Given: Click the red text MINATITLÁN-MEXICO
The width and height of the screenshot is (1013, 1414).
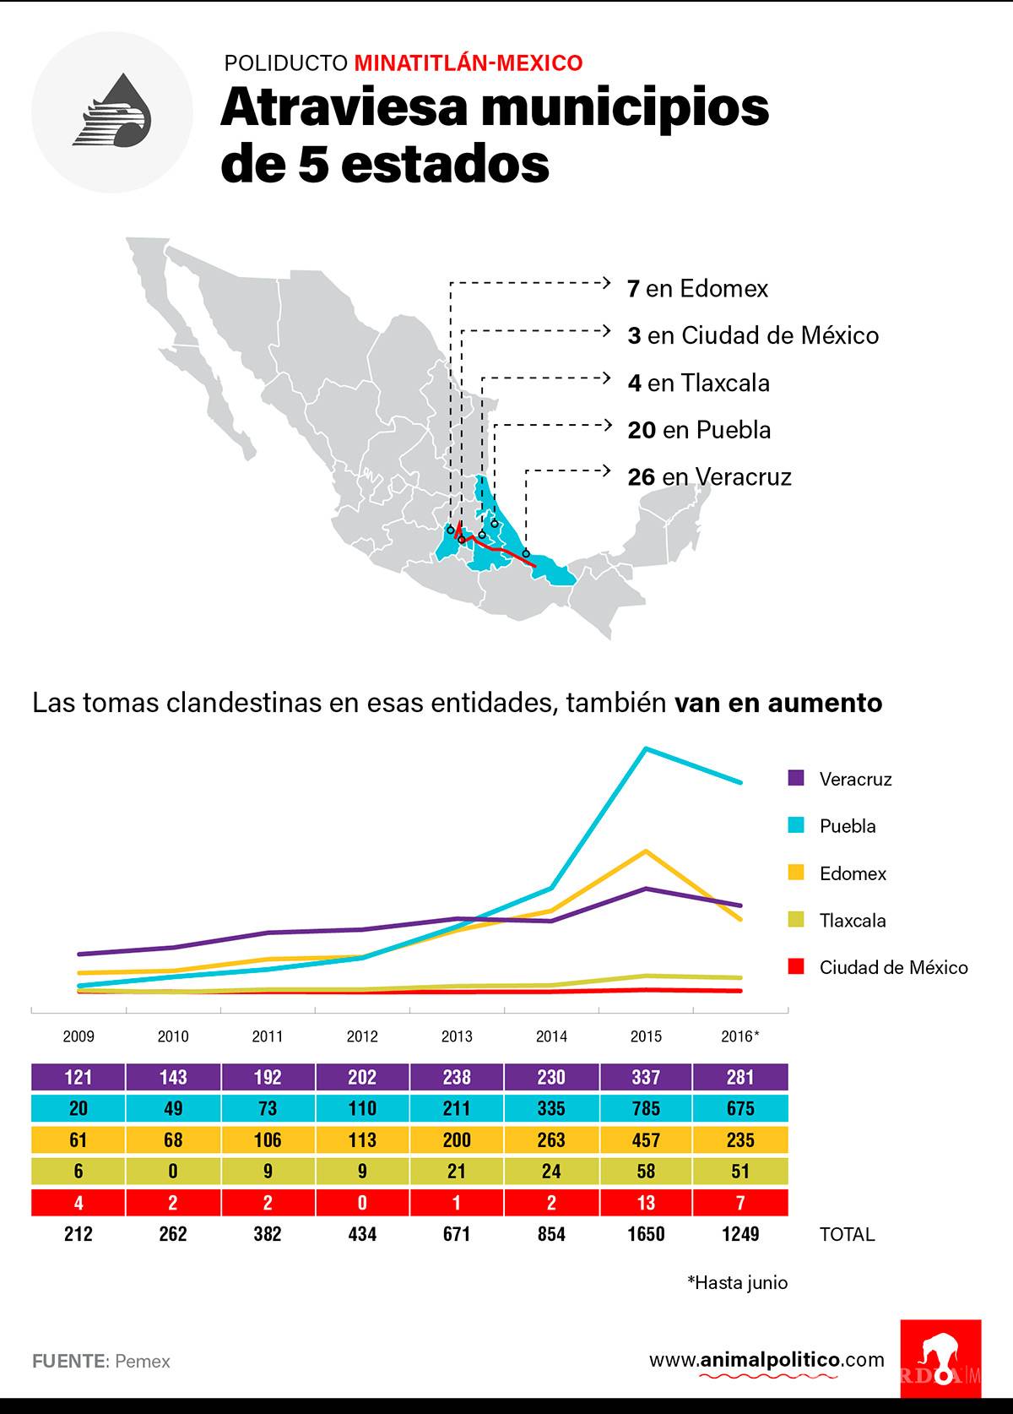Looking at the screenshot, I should coord(468,63).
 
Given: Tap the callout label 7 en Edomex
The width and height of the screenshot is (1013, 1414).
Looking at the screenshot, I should coord(697,289).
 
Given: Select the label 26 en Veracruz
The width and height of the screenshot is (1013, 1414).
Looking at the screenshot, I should coord(709,477).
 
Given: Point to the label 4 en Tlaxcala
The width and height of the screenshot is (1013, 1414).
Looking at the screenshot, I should coord(698,383).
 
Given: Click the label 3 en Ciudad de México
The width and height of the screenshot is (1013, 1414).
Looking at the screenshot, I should coord(753,336).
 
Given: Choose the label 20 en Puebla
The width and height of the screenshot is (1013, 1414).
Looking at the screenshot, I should coord(699,431).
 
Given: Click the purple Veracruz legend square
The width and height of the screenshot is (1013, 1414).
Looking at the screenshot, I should coord(795,778).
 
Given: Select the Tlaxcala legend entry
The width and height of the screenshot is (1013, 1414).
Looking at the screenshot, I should coord(851,921).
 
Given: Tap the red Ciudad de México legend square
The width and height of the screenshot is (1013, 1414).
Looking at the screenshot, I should coord(795,966).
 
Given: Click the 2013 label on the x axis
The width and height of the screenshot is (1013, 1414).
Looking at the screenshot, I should coord(457,1036).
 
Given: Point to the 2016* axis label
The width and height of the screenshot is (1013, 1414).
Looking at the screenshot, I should coord(740,1036).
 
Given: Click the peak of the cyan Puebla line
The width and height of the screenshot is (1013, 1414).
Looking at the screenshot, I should coord(646,748).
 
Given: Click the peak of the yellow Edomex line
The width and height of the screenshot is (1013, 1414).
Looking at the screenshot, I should coord(646,851).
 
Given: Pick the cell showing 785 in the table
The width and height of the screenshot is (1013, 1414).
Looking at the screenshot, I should coord(646,1108).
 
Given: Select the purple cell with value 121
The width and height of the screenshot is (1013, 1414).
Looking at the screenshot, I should coord(79,1077).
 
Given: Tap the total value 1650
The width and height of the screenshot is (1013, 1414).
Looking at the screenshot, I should coord(646,1234).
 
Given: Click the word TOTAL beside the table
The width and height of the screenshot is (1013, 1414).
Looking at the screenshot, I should coord(847,1234).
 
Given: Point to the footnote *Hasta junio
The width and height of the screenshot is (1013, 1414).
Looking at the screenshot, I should coord(737,1282).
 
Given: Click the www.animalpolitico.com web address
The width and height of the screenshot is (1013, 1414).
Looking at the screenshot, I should coord(767,1359).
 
